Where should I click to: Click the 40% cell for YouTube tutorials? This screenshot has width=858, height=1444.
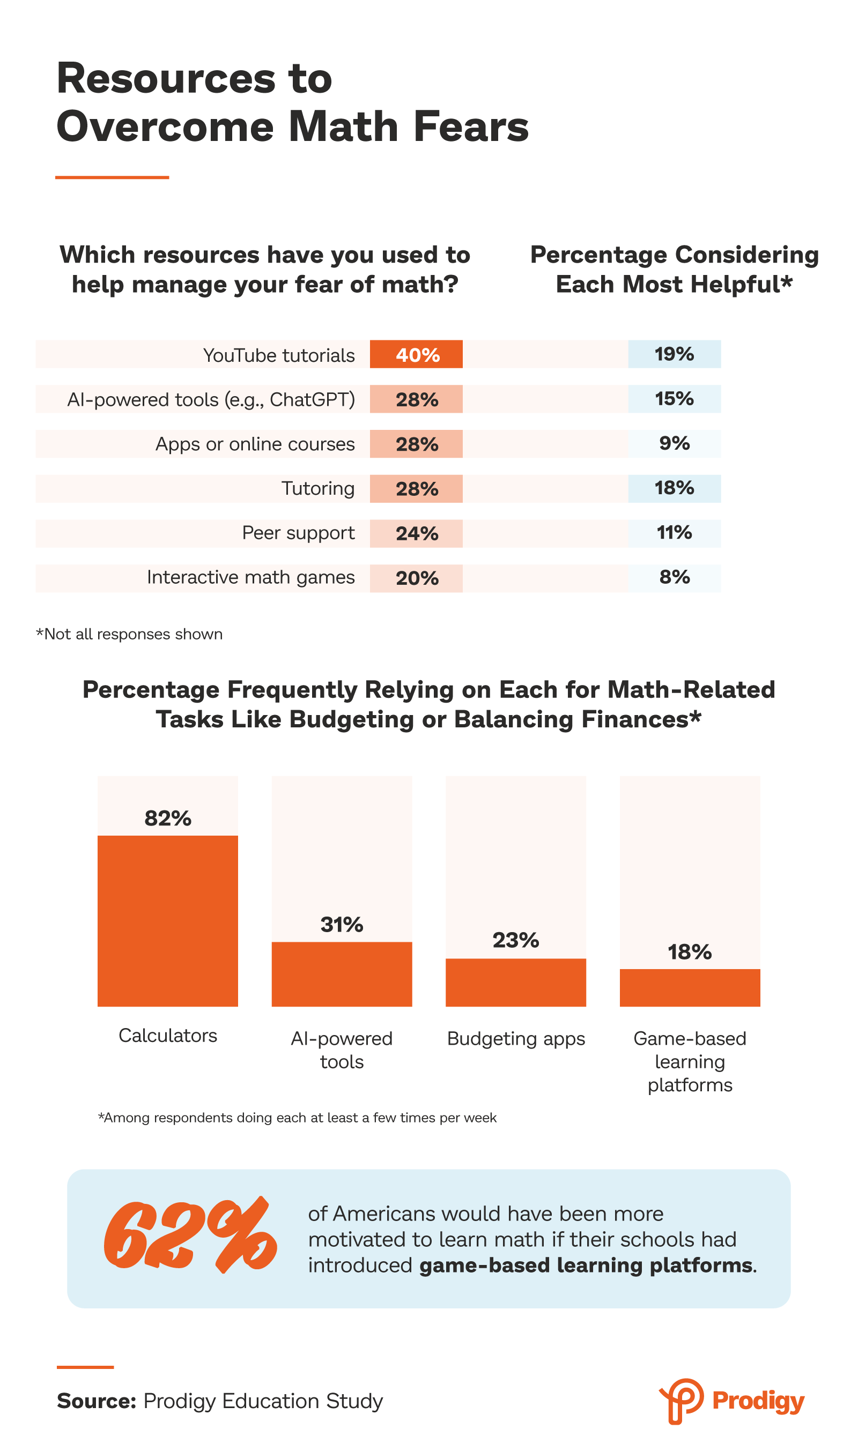click(x=416, y=354)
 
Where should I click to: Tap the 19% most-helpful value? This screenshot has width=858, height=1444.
click(x=674, y=354)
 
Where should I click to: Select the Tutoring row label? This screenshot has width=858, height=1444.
click(x=318, y=488)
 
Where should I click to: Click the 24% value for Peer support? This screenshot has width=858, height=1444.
click(x=416, y=533)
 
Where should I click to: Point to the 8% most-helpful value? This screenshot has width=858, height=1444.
click(x=674, y=577)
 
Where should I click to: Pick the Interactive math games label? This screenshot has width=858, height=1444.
click(x=250, y=577)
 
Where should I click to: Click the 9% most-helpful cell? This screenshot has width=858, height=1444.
click(x=674, y=443)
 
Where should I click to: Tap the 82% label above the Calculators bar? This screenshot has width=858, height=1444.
click(x=168, y=818)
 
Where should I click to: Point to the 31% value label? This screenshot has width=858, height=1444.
click(x=342, y=925)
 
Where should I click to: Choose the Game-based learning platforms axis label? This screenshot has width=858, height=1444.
click(x=690, y=1061)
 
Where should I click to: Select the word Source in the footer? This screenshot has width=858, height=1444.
click(x=96, y=1401)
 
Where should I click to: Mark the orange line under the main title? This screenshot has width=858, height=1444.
click(x=112, y=177)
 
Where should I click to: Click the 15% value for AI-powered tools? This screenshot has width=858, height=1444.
click(x=674, y=399)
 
